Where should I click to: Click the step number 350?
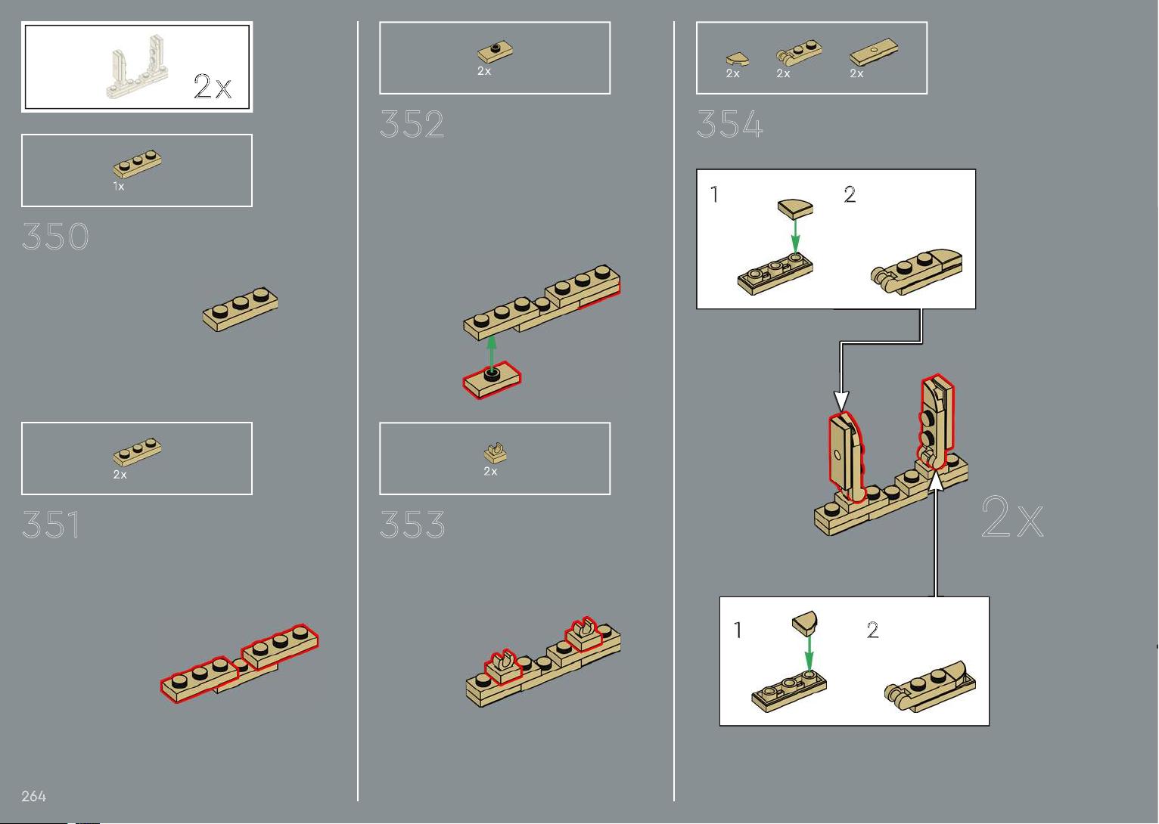[55, 237]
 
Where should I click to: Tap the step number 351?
[51, 524]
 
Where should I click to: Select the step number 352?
[412, 124]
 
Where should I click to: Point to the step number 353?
[412, 524]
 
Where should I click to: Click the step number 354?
[729, 124]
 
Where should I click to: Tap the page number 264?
[33, 796]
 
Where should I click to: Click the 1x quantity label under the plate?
[119, 186]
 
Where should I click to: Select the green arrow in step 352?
[492, 353]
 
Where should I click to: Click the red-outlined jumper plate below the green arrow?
[492, 380]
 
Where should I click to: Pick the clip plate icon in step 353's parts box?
[496, 453]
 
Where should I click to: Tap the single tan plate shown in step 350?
[240, 308]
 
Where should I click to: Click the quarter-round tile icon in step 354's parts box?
[737, 59]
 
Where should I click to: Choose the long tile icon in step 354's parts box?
[874, 51]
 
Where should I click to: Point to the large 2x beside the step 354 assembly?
[1012, 516]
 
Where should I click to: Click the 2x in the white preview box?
[213, 86]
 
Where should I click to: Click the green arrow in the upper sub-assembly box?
[795, 236]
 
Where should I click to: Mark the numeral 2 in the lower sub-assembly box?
[872, 630]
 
